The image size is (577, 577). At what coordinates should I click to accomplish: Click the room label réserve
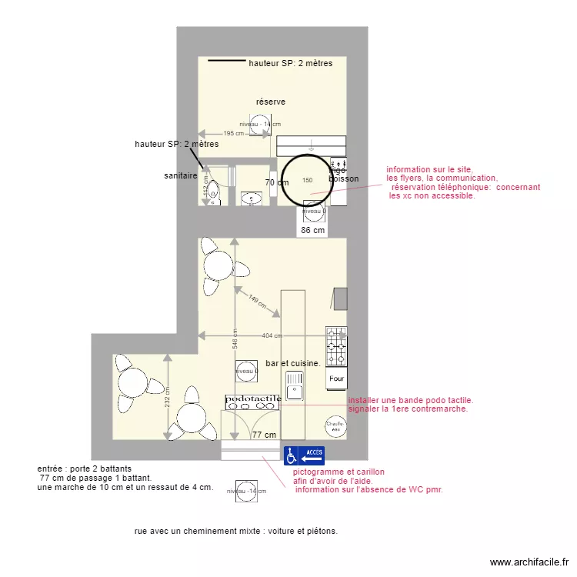click(x=271, y=102)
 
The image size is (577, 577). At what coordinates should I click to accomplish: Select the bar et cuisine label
click(x=292, y=362)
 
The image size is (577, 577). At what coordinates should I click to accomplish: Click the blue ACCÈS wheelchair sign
click(x=304, y=455)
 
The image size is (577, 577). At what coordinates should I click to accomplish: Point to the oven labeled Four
click(x=336, y=379)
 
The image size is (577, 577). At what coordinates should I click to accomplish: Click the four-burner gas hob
click(x=336, y=346)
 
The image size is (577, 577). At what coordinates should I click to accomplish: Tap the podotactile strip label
click(x=253, y=399)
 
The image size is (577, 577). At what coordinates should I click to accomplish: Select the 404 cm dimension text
click(x=272, y=335)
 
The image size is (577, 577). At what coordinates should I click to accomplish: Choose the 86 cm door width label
click(x=312, y=229)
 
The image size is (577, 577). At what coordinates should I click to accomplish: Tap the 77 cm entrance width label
click(x=264, y=435)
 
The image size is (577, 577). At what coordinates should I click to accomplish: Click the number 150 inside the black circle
click(x=308, y=181)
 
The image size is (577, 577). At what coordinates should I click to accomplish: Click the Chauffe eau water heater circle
click(x=334, y=425)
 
